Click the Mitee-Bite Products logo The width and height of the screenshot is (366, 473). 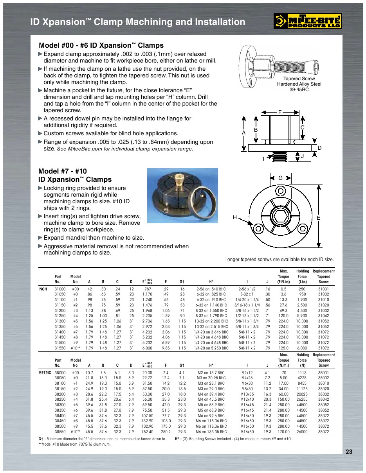tap(307, 21)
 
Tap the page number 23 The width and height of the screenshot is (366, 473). tap(349, 452)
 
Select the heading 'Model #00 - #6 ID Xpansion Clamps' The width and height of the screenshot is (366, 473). tap(101, 45)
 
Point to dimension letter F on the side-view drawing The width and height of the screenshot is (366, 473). tap(280, 112)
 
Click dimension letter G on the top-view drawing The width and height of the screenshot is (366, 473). tap(280, 178)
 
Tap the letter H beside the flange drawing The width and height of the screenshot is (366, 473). tap(235, 217)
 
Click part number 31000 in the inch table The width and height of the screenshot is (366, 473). tap(60, 289)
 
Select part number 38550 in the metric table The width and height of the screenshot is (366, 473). tap(60, 432)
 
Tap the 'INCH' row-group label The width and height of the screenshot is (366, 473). tap(43, 289)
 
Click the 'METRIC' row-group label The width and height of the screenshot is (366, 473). tap(45, 373)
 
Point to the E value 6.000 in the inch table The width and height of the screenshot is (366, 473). tap(147, 348)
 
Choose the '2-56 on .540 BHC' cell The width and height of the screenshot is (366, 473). tap(211, 289)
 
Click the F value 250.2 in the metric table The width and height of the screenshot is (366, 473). tap(166, 432)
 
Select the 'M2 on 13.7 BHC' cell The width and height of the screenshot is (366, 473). tap(211, 373)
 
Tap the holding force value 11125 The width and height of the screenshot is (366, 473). tap(302, 389)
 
